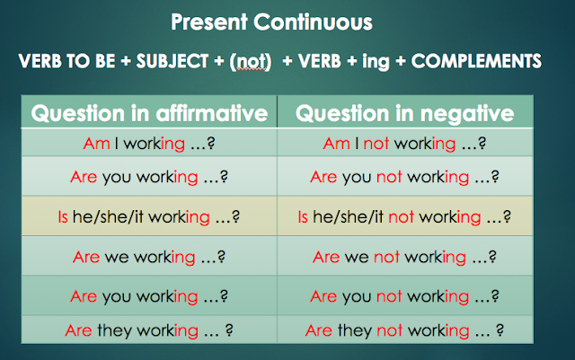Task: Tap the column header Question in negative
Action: click(x=404, y=113)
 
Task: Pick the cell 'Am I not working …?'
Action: click(x=404, y=143)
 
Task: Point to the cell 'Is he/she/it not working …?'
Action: click(x=404, y=216)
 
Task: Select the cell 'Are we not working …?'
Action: click(x=404, y=257)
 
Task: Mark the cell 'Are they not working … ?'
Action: click(x=404, y=329)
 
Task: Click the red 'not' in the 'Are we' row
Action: click(x=385, y=257)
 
